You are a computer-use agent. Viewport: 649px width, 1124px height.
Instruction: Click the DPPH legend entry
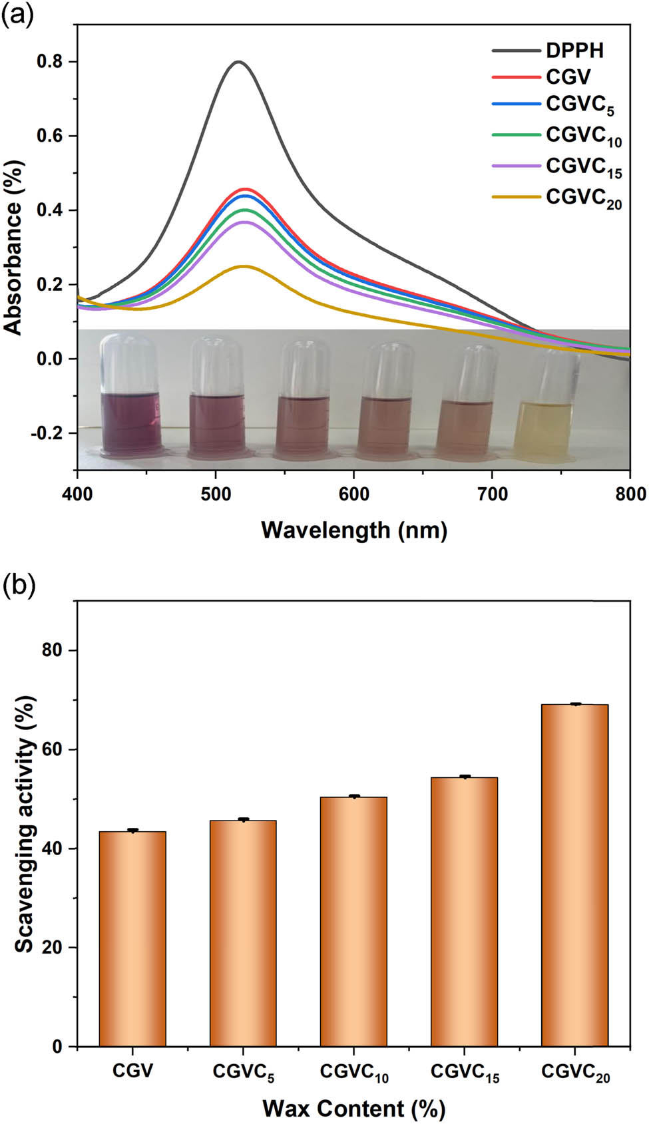click(x=574, y=51)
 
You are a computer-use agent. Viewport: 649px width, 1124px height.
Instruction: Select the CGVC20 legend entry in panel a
click(x=583, y=198)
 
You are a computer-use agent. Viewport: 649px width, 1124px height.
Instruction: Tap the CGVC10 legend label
click(x=583, y=136)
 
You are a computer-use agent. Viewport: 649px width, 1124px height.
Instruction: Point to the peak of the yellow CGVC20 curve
click(x=244, y=266)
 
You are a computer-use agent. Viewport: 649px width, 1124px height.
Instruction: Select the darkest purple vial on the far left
click(x=131, y=419)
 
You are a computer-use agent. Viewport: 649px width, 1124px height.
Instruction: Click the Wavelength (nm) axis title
click(x=353, y=530)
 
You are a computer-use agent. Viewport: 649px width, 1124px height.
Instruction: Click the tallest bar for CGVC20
click(x=574, y=875)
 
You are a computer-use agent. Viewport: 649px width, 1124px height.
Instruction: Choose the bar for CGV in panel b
click(x=132, y=938)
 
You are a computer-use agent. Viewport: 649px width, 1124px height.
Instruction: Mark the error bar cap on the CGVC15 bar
click(x=465, y=776)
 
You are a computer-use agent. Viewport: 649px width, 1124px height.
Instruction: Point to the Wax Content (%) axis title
click(x=353, y=1109)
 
